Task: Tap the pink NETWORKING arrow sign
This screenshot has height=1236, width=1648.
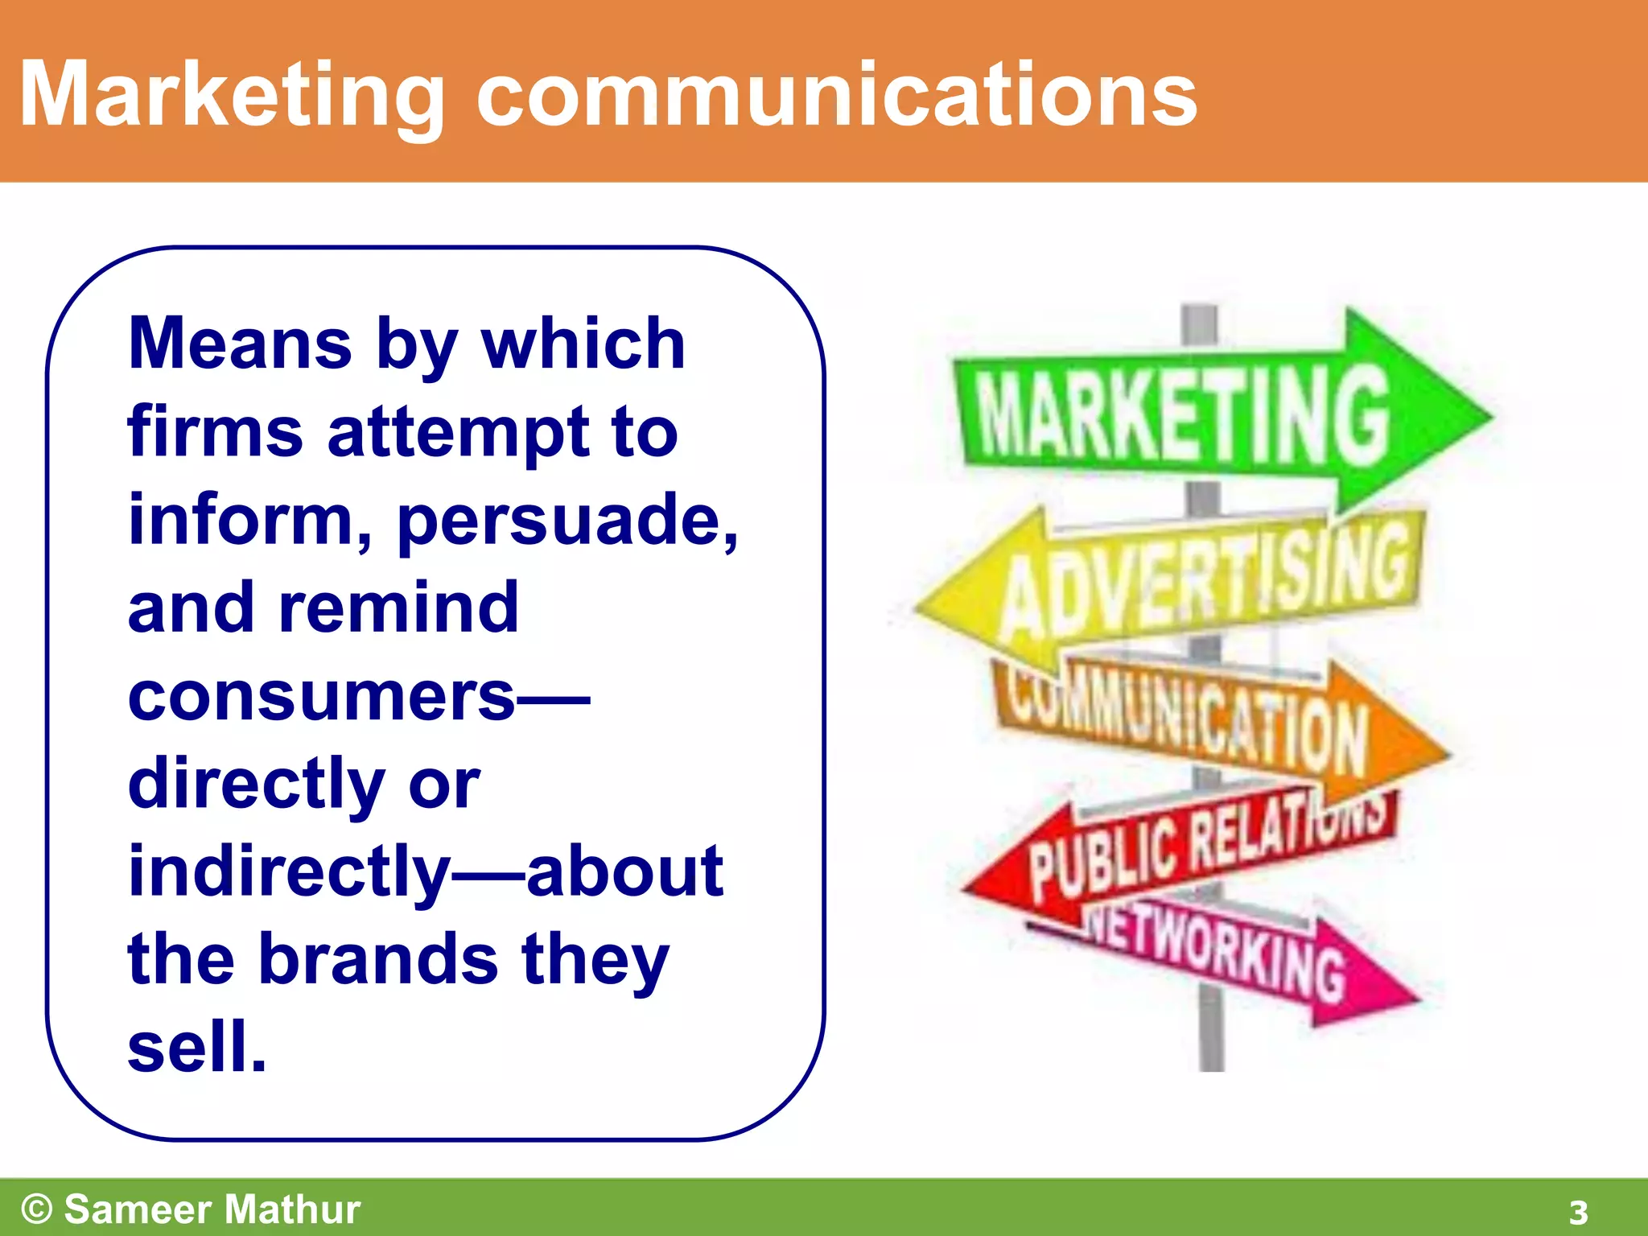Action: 1231,958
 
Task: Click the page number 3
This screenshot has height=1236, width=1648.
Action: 1578,1212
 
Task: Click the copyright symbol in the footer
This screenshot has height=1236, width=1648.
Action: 37,1209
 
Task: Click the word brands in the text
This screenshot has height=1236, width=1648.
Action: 378,959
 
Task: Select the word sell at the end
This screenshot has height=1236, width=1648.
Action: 196,1048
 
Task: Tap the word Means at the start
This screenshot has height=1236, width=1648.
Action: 240,344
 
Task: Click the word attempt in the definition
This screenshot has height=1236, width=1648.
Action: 459,433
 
